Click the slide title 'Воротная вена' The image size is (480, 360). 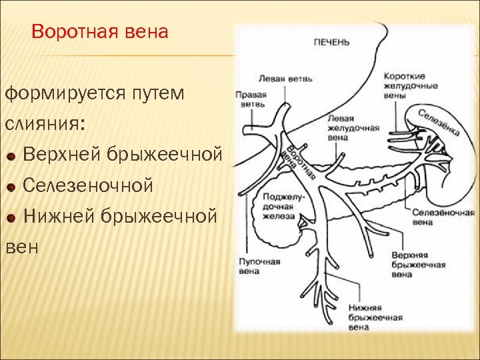click(x=100, y=31)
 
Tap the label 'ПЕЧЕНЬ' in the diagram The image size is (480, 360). click(x=331, y=42)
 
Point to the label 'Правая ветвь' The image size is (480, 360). click(x=251, y=99)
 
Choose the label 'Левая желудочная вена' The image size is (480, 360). click(x=353, y=127)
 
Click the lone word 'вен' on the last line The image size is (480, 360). click(x=21, y=247)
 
